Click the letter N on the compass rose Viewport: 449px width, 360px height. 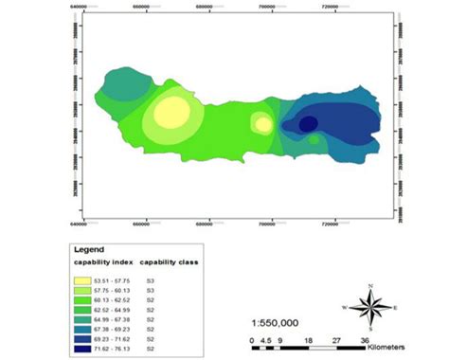pos(370,285)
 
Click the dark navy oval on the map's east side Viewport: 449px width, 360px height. pos(308,123)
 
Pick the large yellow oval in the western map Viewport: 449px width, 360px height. pos(172,112)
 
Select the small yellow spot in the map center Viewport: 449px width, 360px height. pos(263,124)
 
